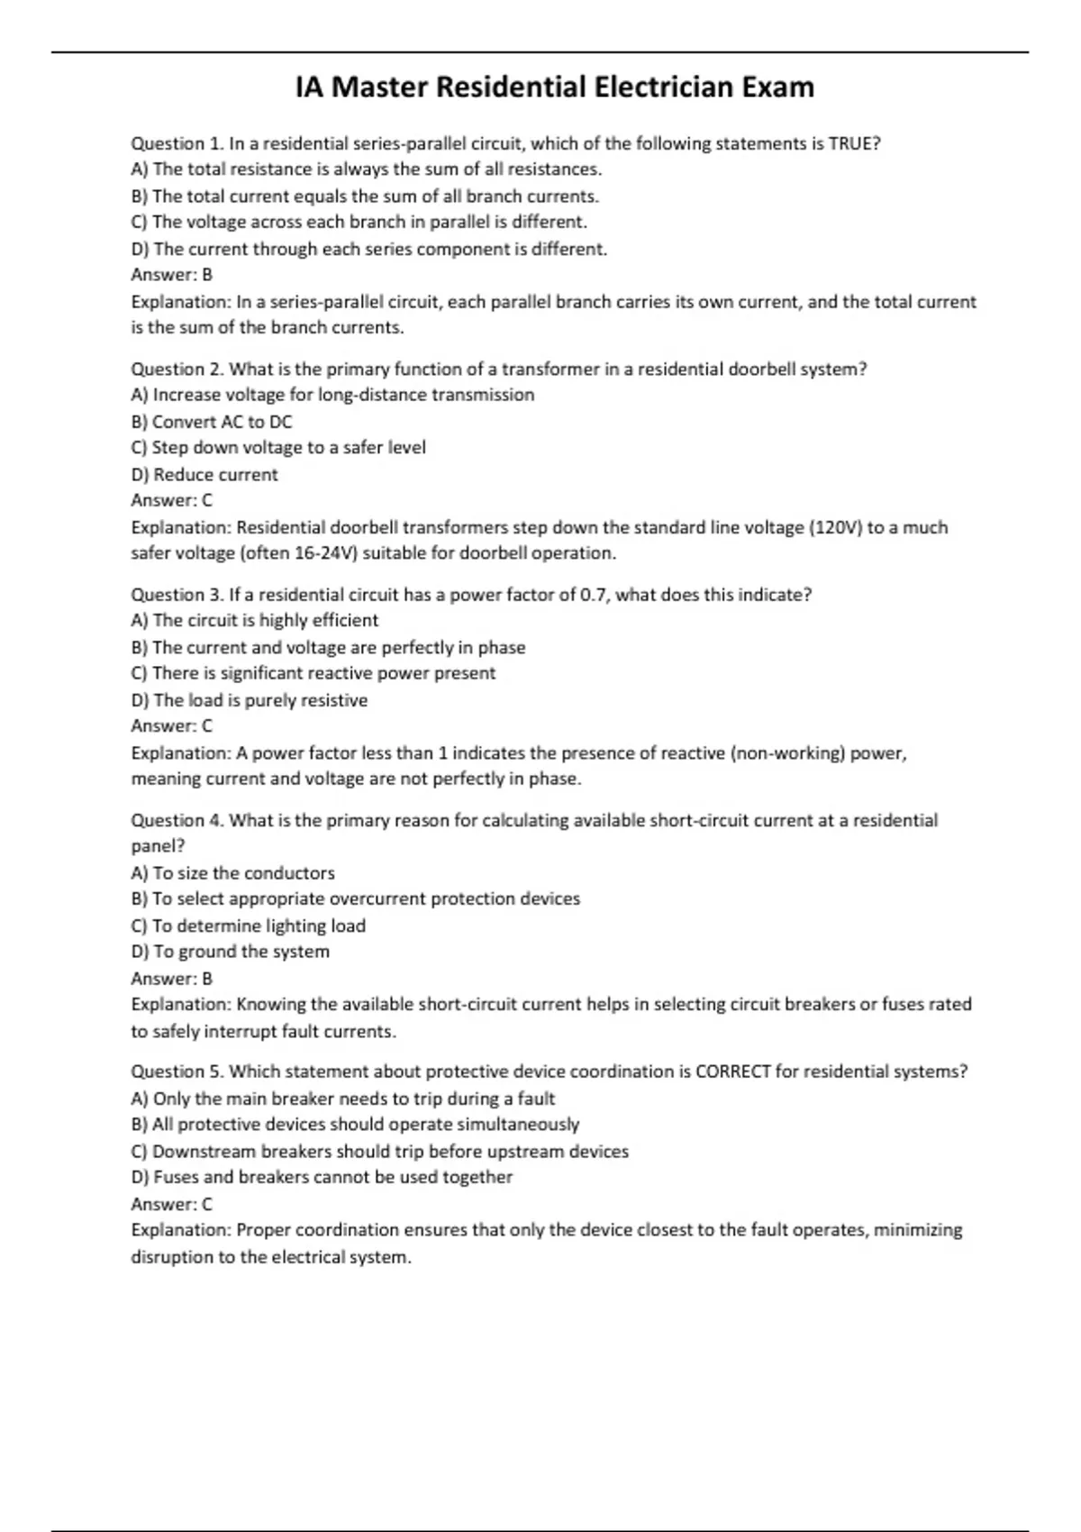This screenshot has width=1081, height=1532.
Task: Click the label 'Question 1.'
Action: click(177, 143)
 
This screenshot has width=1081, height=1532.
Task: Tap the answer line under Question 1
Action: click(172, 275)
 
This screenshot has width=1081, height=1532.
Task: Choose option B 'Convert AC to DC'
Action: click(212, 422)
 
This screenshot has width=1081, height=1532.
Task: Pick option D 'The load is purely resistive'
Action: click(250, 700)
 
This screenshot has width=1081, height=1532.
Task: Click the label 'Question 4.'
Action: click(177, 820)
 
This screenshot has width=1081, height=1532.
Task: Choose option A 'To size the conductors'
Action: click(233, 873)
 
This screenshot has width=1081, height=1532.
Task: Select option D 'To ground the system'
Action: click(231, 952)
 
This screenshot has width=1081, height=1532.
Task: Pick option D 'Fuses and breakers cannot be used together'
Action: click(322, 1177)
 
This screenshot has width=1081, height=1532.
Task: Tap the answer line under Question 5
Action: click(172, 1204)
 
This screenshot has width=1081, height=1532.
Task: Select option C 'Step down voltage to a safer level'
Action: click(278, 448)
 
